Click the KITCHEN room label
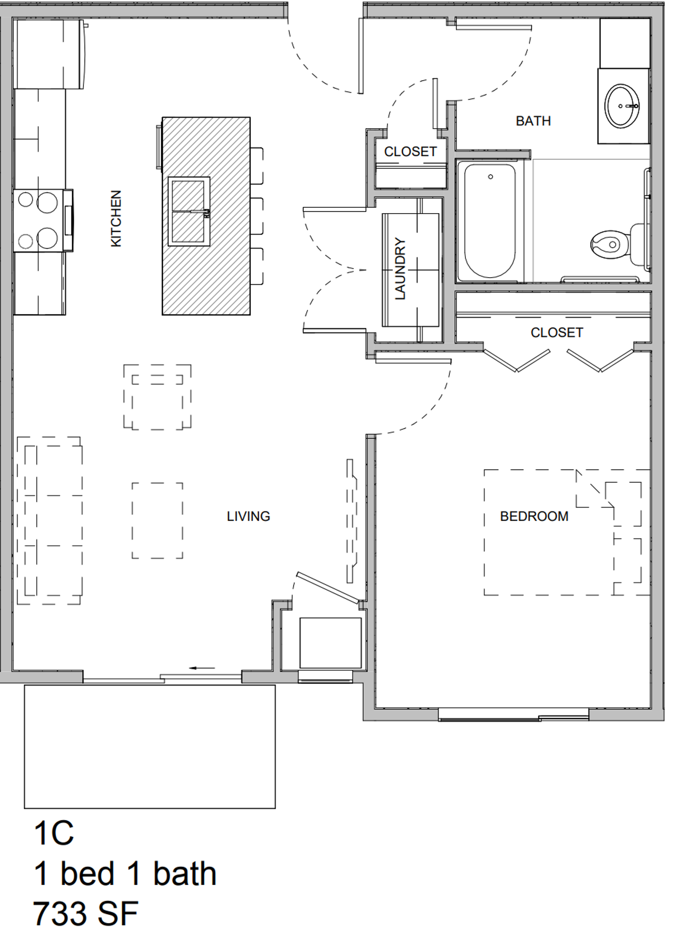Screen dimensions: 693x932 point(116,218)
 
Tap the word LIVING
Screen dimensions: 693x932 point(248,516)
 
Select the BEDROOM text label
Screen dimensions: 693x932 point(534,516)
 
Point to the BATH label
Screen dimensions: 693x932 point(533,121)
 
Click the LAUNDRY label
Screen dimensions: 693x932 point(400,268)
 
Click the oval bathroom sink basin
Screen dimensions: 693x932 point(622,106)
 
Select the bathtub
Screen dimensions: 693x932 point(490,221)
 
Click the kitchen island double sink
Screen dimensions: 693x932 point(189,211)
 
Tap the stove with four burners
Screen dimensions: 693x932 point(43,220)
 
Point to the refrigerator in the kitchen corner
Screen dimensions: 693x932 point(49,54)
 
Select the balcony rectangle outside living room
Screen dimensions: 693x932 point(150,747)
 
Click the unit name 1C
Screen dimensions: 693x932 point(53,833)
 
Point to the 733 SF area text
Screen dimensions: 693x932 point(85,914)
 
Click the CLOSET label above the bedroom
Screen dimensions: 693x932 point(557,333)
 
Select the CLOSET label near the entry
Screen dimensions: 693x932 point(411,152)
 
